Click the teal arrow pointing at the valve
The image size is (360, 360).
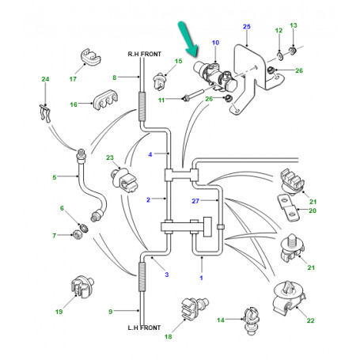pyautogui.click(x=188, y=39)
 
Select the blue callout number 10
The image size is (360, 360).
pyautogui.click(x=215, y=43)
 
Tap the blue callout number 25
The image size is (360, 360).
pyautogui.click(x=247, y=26)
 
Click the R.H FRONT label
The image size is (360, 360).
pyautogui.click(x=144, y=54)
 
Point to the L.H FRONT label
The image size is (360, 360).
pyautogui.click(x=144, y=328)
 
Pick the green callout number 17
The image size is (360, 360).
pyautogui.click(x=73, y=79)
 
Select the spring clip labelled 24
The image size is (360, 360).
pyautogui.click(x=45, y=113)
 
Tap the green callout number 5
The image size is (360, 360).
pyautogui.click(x=55, y=177)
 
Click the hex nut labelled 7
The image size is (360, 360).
pyautogui.click(x=77, y=234)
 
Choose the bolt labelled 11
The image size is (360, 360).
pyautogui.click(x=193, y=96)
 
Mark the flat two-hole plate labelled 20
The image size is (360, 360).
pyautogui.click(x=288, y=208)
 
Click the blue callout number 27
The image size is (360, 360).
pyautogui.click(x=195, y=201)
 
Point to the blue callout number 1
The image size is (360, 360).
pyautogui.click(x=201, y=278)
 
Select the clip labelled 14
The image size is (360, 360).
pyautogui.click(x=252, y=320)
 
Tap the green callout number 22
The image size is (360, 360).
pyautogui.click(x=310, y=320)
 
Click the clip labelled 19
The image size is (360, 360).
pyautogui.click(x=82, y=286)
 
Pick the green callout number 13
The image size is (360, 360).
pyautogui.click(x=294, y=25)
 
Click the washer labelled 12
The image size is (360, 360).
pyautogui.click(x=280, y=55)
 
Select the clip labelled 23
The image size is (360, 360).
pyautogui.click(x=123, y=180)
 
